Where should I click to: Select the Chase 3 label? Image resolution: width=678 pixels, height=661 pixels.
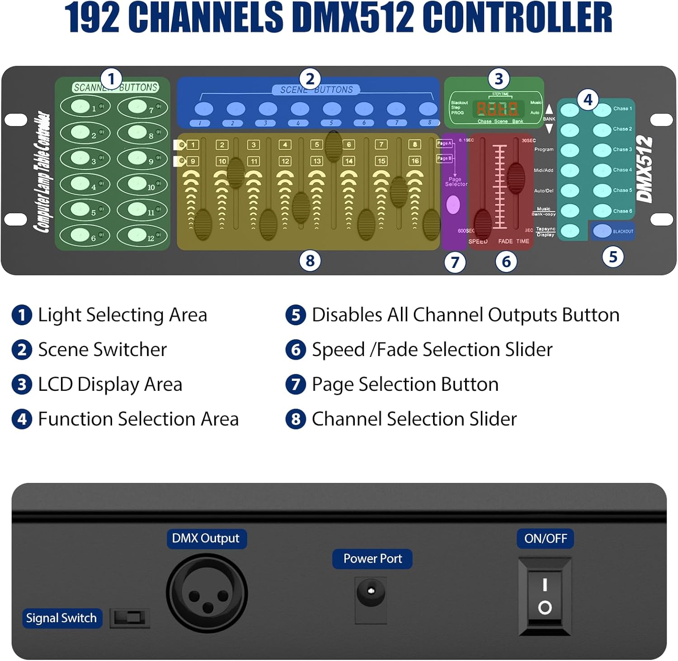pyautogui.click(x=622, y=150)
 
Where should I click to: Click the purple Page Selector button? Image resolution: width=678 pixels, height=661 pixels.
pyautogui.click(x=453, y=205)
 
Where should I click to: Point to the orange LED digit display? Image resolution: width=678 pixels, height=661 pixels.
pyautogui.click(x=497, y=108)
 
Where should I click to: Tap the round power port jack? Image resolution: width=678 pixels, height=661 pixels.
pyautogui.click(x=371, y=591)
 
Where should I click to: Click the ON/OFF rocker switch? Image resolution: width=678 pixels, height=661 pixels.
pyautogui.click(x=545, y=595)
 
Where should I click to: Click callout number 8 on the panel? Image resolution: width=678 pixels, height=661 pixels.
pyautogui.click(x=310, y=261)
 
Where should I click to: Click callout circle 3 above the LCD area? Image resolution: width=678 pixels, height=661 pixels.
pyautogui.click(x=499, y=79)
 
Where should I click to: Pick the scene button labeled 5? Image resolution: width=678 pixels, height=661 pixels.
pyautogui.click(x=332, y=109)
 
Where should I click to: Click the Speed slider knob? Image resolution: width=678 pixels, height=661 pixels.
pyautogui.click(x=482, y=223)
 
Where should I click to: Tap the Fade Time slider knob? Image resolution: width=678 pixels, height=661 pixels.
pyautogui.click(x=516, y=178)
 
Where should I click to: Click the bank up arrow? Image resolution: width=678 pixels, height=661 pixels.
pyautogui.click(x=549, y=109)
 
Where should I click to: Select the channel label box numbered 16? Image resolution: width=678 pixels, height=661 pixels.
pyautogui.click(x=414, y=161)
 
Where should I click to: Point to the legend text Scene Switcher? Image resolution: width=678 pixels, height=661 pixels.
pyautogui.click(x=102, y=350)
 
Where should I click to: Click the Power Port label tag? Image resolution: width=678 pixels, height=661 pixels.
pyautogui.click(x=372, y=559)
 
